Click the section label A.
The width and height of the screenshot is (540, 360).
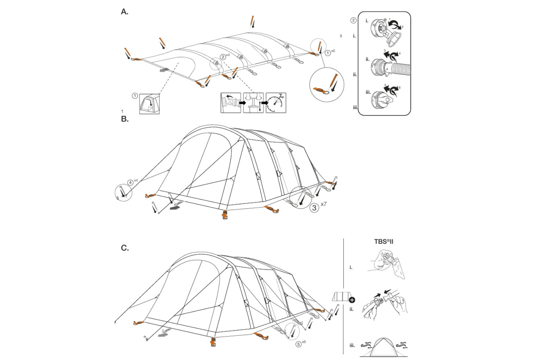click(124, 12)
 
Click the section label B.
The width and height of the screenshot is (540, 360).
click(124, 119)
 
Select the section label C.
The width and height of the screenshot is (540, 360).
click(125, 248)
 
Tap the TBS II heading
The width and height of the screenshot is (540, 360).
click(384, 242)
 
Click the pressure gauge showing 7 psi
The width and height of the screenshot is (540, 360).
click(276, 103)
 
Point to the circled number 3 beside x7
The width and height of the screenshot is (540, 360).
click(314, 207)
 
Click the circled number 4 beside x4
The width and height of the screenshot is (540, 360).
click(130, 183)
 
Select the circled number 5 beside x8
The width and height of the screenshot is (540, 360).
click(299, 344)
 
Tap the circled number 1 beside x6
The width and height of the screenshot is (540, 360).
click(328, 53)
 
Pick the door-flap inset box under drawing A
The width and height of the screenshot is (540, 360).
click(149, 104)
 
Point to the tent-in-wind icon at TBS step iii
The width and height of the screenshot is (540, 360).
click(384, 347)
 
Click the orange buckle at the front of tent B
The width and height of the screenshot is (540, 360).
click(225, 215)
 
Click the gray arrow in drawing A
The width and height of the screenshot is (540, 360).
click(165, 70)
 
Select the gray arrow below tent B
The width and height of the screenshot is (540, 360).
click(175, 207)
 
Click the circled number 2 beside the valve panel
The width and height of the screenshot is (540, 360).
click(353, 20)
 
